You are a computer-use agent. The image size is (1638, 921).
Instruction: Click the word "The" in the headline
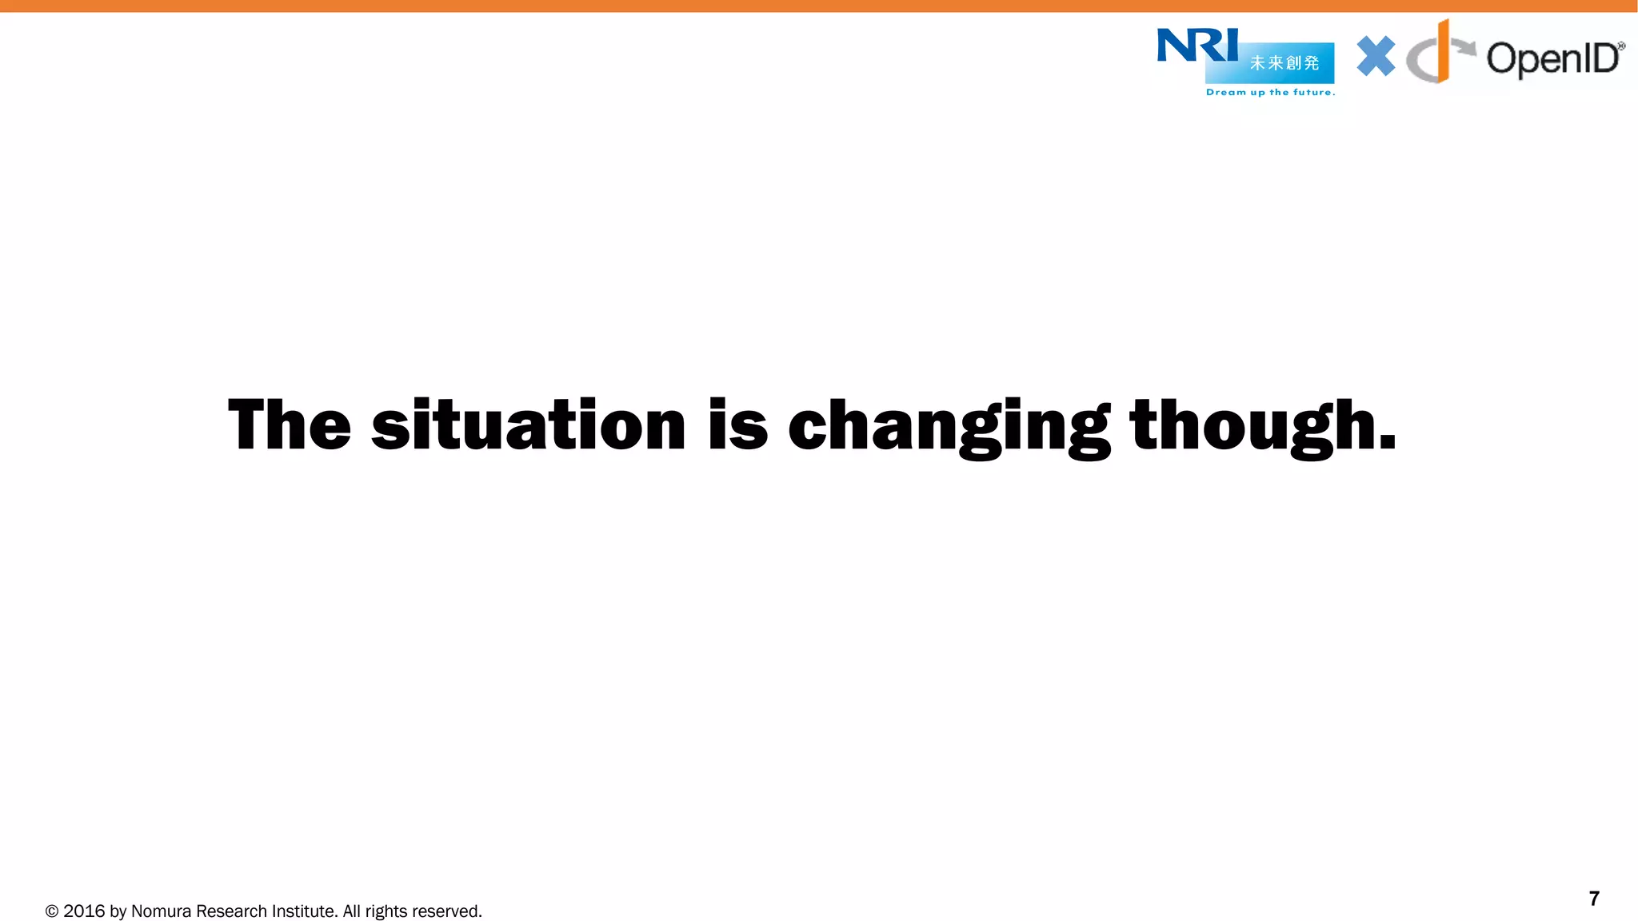(x=290, y=425)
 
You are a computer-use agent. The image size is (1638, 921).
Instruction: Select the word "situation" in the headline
(x=528, y=425)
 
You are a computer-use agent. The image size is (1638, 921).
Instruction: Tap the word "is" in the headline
(x=737, y=425)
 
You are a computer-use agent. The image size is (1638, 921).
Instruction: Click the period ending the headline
(x=1388, y=442)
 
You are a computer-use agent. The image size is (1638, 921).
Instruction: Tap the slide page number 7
(x=1593, y=899)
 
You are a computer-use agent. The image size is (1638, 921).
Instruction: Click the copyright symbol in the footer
(x=52, y=911)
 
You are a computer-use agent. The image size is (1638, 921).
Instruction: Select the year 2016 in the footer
(x=84, y=911)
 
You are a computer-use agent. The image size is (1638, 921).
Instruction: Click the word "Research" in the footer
(x=231, y=911)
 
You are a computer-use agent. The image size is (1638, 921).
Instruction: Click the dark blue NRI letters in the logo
(x=1197, y=46)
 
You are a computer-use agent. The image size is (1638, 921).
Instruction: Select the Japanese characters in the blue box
(x=1284, y=63)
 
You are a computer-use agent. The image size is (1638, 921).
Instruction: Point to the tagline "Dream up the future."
(x=1270, y=93)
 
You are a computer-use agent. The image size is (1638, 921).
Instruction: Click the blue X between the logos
(x=1376, y=57)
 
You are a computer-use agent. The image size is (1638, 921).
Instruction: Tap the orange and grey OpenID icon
(x=1438, y=53)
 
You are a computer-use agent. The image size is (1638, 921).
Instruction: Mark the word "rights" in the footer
(x=386, y=911)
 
